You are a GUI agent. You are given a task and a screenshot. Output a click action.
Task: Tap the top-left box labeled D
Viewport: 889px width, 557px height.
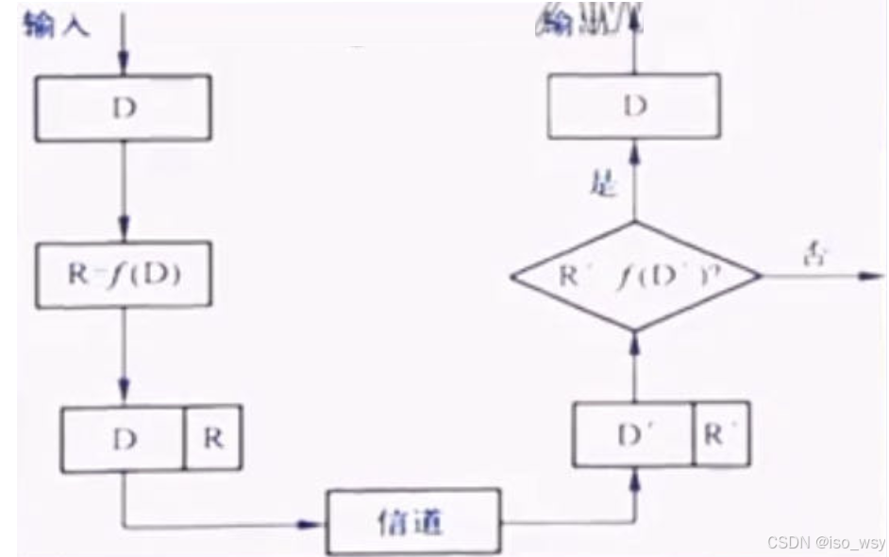click(x=124, y=108)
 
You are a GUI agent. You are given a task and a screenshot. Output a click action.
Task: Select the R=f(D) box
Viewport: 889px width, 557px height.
click(x=124, y=276)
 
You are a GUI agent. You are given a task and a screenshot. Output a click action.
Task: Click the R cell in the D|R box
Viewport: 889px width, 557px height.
click(x=213, y=439)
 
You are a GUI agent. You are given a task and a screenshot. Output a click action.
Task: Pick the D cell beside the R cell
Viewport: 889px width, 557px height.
click(x=124, y=439)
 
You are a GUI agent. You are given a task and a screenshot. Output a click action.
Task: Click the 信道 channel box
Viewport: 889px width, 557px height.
click(x=412, y=522)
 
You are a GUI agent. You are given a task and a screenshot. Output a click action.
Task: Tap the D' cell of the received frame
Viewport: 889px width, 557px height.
click(x=632, y=433)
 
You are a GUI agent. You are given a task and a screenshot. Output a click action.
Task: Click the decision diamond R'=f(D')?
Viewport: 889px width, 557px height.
click(x=634, y=277)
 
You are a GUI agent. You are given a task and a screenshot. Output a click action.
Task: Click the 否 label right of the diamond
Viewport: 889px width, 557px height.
click(x=813, y=254)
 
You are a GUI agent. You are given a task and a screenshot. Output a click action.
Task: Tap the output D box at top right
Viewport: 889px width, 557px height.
click(x=634, y=106)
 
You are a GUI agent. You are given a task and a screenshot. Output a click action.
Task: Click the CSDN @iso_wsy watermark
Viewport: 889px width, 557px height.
click(x=826, y=543)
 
